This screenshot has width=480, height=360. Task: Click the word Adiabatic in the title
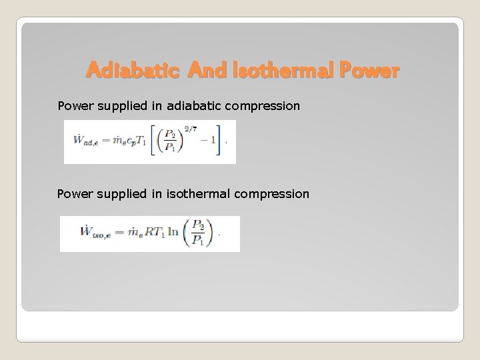[x=133, y=70]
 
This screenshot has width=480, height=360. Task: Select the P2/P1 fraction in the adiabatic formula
[x=172, y=141]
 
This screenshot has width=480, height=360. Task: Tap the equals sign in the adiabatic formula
[x=102, y=141]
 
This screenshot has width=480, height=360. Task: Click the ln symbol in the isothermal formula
[x=173, y=233]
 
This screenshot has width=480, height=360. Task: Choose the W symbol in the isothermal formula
[x=85, y=233]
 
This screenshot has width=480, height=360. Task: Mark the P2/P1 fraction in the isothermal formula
[x=199, y=233]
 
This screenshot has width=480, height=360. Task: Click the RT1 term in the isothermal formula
[x=151, y=233]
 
